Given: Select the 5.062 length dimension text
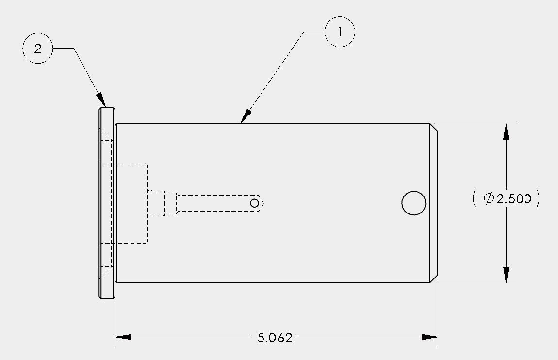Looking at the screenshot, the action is click(x=275, y=338).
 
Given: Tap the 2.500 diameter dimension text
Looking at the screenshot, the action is click(x=513, y=198).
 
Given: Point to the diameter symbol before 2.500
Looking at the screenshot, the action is click(x=489, y=198).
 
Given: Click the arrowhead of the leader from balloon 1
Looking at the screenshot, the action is click(x=246, y=116).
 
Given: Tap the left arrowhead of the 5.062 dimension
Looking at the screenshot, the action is click(x=123, y=337).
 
